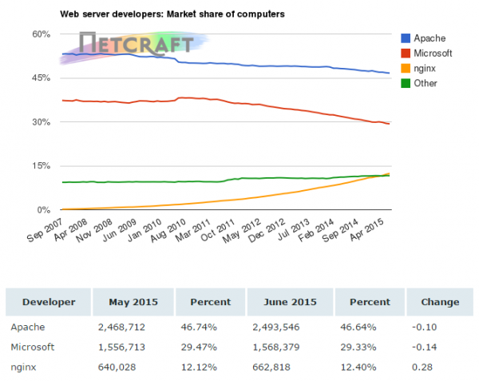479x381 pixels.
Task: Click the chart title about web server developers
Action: point(172,14)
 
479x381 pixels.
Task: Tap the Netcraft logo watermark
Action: point(136,44)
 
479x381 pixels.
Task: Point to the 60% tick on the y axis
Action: point(42,34)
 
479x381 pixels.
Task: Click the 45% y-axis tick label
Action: point(42,78)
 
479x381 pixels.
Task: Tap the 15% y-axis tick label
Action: point(42,166)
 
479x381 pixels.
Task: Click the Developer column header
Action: point(49,302)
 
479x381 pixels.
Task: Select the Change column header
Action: point(439,302)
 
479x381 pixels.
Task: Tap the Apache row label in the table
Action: point(27,327)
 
